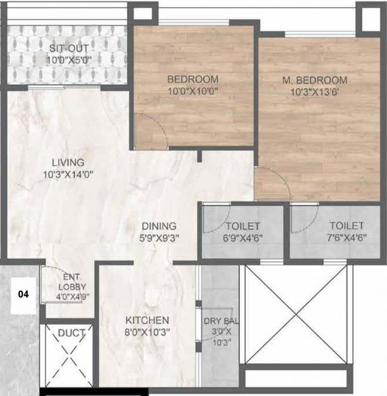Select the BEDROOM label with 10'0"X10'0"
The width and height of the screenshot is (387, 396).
click(x=193, y=79)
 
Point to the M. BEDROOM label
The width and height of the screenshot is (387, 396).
click(x=314, y=80)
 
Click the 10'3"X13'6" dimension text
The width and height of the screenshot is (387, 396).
click(x=314, y=92)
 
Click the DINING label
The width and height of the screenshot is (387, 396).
click(x=159, y=226)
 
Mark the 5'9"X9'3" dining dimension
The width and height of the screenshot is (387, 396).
click(x=159, y=237)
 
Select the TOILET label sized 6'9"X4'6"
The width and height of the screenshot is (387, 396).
click(x=243, y=226)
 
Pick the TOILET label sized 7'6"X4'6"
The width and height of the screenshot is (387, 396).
click(x=347, y=226)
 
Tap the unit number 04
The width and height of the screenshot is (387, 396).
click(x=23, y=295)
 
